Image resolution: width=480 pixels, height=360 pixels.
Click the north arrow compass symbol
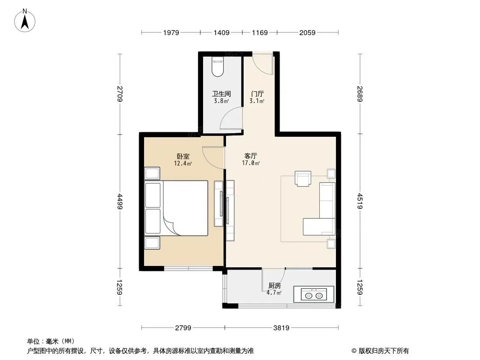point(25,21)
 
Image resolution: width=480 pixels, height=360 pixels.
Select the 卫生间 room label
point(222,94)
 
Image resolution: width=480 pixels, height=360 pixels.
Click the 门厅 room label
point(257,94)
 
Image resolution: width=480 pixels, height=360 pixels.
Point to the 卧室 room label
point(183,156)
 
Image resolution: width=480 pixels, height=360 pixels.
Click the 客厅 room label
point(251,156)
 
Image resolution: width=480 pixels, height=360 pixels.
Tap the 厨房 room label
point(274,286)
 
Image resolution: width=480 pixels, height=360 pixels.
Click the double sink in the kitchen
point(314,295)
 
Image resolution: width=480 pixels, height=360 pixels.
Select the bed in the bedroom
point(176,208)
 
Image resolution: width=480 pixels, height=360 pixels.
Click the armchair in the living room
point(303,178)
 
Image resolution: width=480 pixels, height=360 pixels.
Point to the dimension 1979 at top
point(171,33)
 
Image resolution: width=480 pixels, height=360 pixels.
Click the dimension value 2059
point(308,33)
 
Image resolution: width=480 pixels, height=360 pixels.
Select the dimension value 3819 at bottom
point(281,328)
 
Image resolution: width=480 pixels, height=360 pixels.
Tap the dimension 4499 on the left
point(120,202)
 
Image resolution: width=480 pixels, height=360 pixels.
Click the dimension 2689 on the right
point(360,94)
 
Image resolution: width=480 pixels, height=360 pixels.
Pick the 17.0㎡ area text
point(251,163)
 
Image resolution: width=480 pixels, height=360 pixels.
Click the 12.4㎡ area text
point(183,164)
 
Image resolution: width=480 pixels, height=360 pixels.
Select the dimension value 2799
point(183,328)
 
